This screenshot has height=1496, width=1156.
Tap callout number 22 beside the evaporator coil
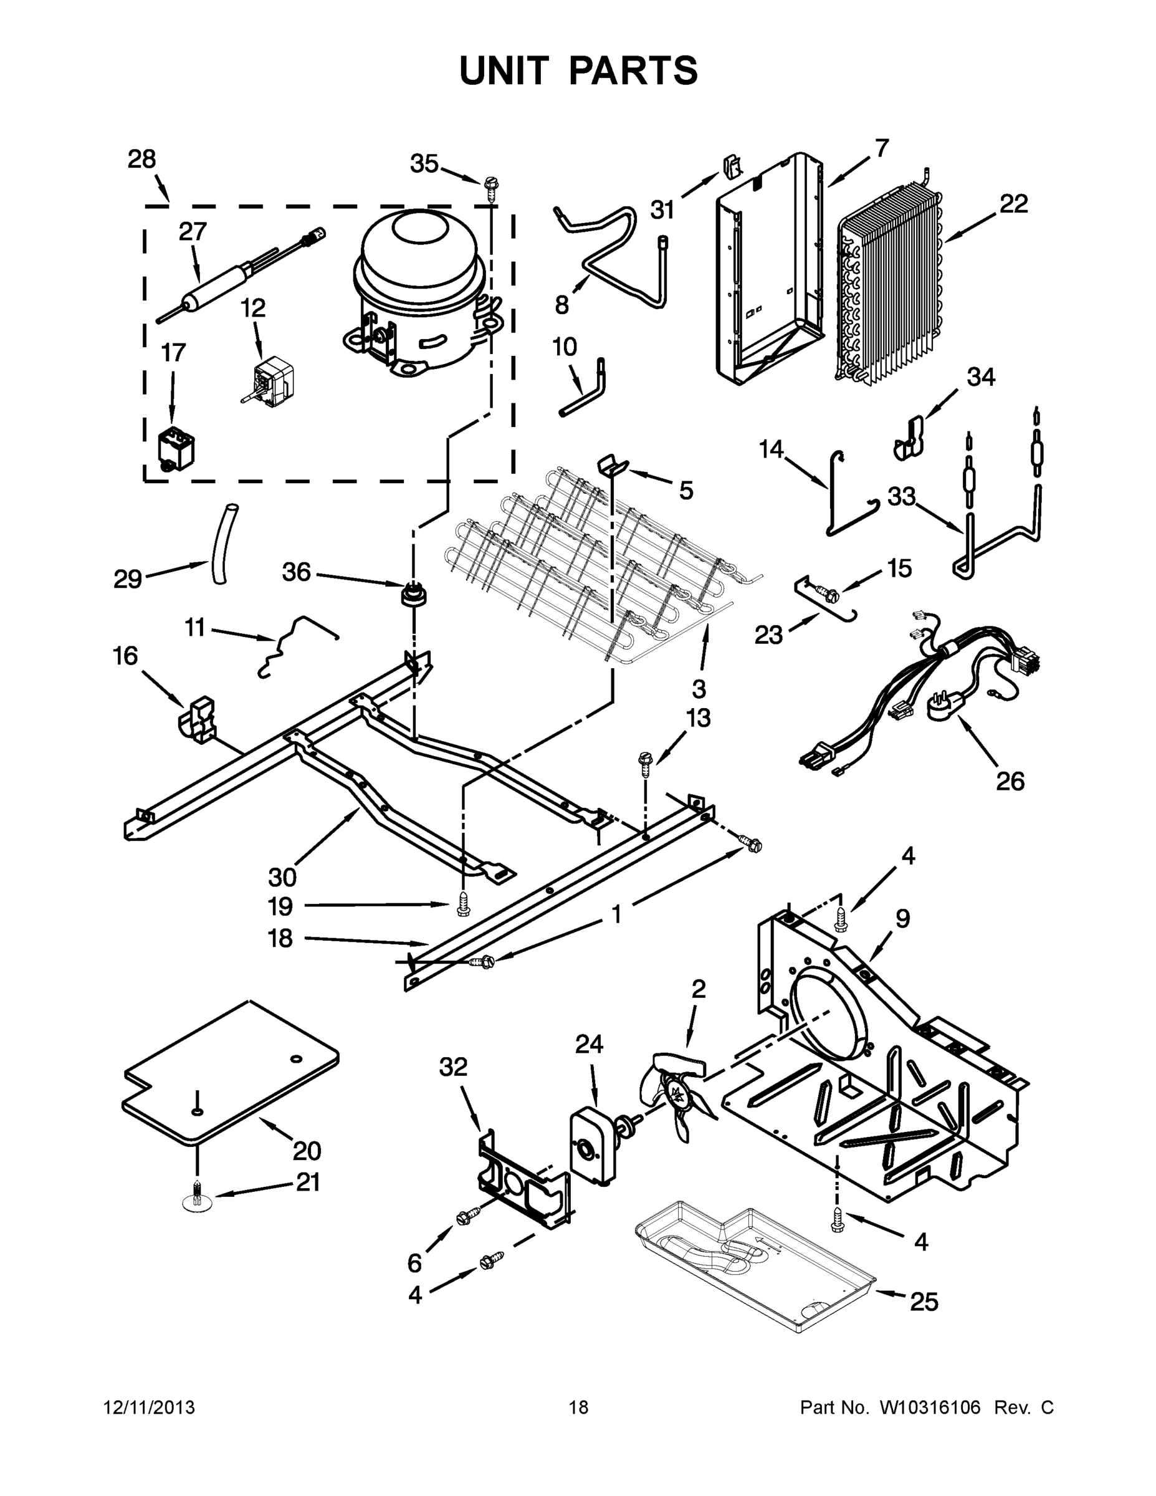1013,204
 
